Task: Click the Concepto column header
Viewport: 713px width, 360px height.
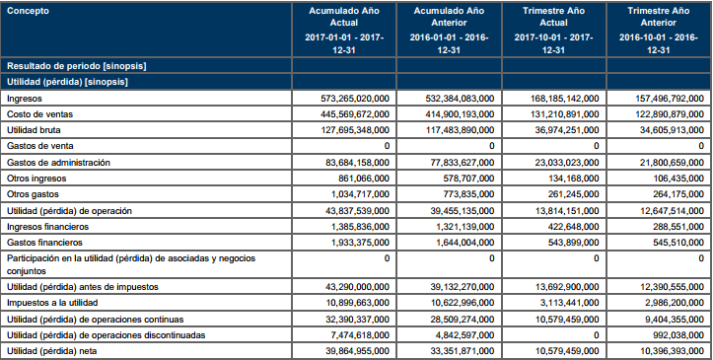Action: tap(28, 11)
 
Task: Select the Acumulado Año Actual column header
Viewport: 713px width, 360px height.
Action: tap(344, 17)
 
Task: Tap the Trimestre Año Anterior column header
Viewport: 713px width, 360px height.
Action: tap(659, 17)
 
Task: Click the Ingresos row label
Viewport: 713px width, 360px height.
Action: tap(24, 99)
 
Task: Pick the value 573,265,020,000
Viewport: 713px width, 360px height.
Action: tap(355, 99)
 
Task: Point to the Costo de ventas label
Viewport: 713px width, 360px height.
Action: tap(39, 114)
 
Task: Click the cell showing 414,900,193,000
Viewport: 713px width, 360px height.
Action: tap(460, 114)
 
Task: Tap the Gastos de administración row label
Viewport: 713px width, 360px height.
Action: tap(58, 163)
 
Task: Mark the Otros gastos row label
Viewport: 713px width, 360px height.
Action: tap(33, 194)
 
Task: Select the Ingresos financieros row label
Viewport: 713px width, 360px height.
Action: tap(47, 227)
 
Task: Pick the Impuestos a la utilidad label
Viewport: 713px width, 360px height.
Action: tap(52, 303)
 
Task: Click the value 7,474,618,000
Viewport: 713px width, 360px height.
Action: tap(361, 335)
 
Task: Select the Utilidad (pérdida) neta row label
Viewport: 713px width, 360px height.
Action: tap(52, 351)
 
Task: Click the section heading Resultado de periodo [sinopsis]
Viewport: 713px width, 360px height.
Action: tap(76, 66)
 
